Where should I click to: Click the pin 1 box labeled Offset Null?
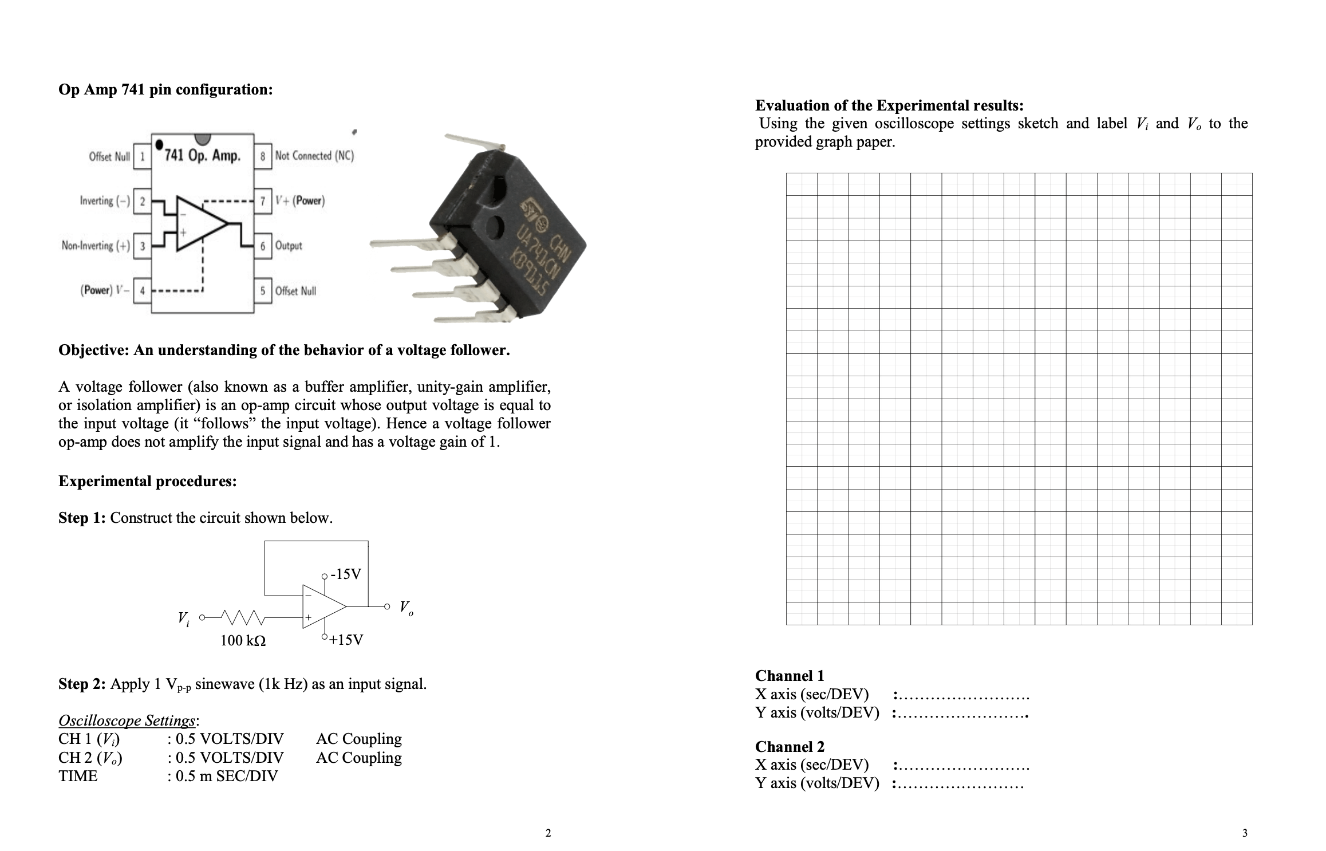[x=141, y=156]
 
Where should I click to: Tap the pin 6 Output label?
[x=289, y=246]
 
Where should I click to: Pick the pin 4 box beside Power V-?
[x=141, y=290]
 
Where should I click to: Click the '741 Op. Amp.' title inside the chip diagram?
[x=202, y=155]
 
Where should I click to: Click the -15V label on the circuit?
[x=347, y=574]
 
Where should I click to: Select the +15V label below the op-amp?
[x=346, y=640]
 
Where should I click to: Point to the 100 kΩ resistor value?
[x=243, y=640]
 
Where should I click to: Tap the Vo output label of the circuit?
[x=406, y=608]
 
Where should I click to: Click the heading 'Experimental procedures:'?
[x=148, y=481]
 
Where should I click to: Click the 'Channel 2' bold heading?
[x=790, y=746]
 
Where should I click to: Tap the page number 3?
[x=1244, y=833]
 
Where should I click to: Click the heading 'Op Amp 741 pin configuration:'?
[x=165, y=90]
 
